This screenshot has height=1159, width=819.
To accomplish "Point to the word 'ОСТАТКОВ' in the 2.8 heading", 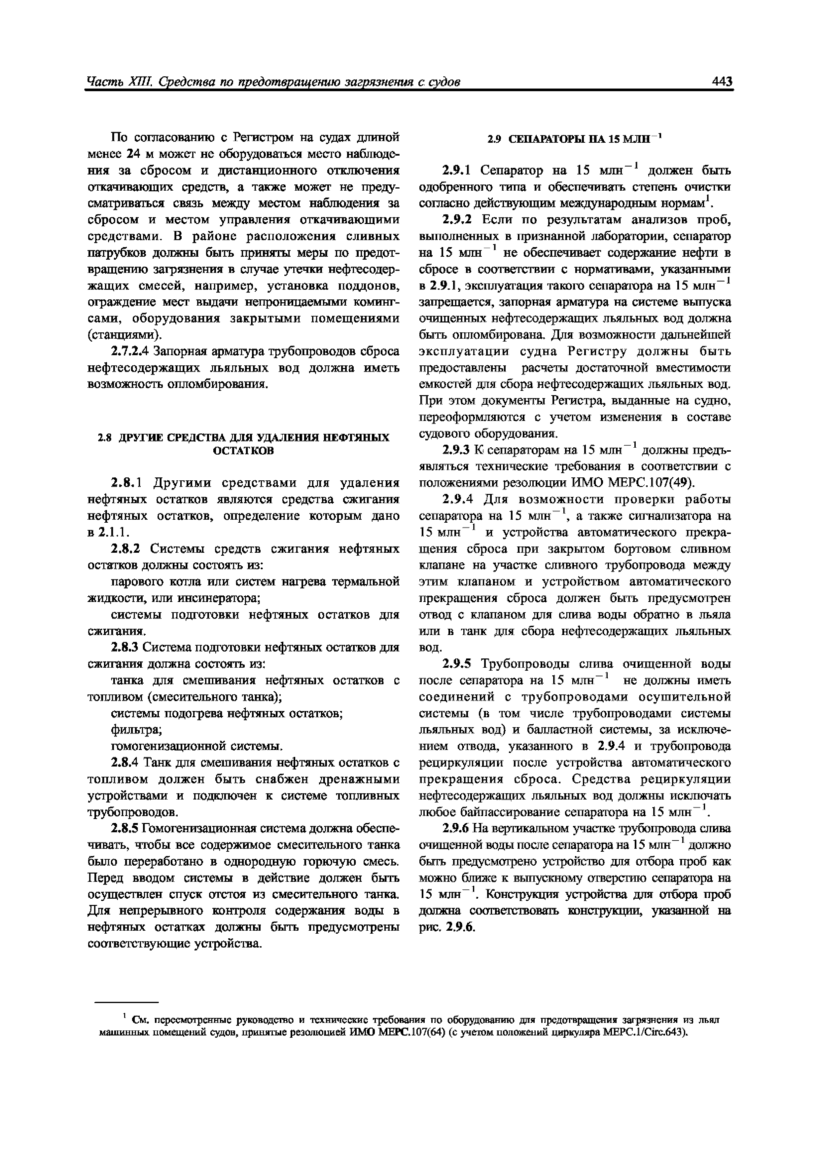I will point(243,451).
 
